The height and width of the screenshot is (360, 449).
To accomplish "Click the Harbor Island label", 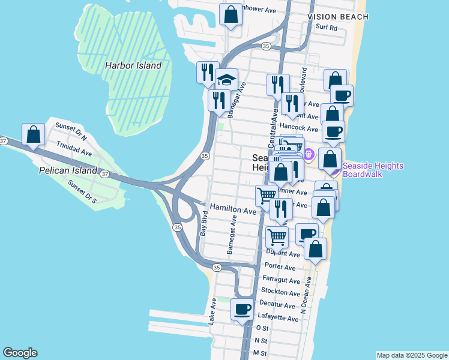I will (x=133, y=65).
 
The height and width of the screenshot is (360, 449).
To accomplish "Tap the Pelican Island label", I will (x=67, y=170).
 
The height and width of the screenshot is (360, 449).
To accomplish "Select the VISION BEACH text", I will (x=337, y=17).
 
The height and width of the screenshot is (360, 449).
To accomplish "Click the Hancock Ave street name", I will (x=298, y=128).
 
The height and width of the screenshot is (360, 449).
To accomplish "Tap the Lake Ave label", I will (x=212, y=312).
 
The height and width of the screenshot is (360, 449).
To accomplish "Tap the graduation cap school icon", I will (x=226, y=79).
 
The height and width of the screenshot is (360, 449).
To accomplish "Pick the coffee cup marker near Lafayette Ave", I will (x=243, y=310).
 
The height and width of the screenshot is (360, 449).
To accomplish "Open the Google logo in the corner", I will (x=20, y=353).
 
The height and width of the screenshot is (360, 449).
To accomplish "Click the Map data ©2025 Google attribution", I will (x=411, y=355).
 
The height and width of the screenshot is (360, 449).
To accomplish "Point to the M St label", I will (x=260, y=353).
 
